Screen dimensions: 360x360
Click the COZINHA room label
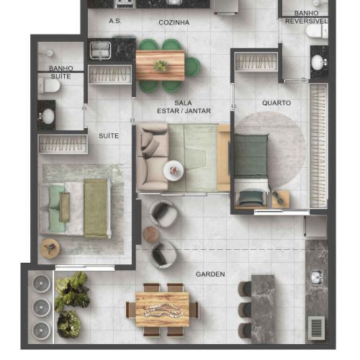(x=174, y=22)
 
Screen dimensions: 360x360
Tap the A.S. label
(x=115, y=21)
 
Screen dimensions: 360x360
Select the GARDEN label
(x=210, y=274)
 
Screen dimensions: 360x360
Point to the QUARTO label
(x=276, y=103)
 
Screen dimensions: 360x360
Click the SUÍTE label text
(x=109, y=136)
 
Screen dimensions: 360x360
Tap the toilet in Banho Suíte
(x=50, y=86)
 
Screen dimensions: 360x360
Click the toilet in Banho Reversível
(x=317, y=31)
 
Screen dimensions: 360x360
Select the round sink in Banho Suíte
(x=48, y=117)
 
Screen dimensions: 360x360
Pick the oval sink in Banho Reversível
(x=318, y=63)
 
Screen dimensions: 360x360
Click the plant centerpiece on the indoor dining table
(x=161, y=66)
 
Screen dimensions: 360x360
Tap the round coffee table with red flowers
(x=174, y=171)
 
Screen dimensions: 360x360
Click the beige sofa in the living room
(x=153, y=157)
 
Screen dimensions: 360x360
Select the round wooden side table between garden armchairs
(x=150, y=234)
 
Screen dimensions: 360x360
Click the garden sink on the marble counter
(x=318, y=277)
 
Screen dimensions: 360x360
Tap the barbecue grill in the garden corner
(x=316, y=328)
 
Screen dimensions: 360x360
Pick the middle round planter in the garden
(x=41, y=307)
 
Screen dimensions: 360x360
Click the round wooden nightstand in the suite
(x=50, y=248)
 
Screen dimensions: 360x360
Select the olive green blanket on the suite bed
(x=95, y=208)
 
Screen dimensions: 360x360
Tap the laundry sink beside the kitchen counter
(x=100, y=50)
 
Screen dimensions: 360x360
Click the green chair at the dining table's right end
(x=192, y=66)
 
